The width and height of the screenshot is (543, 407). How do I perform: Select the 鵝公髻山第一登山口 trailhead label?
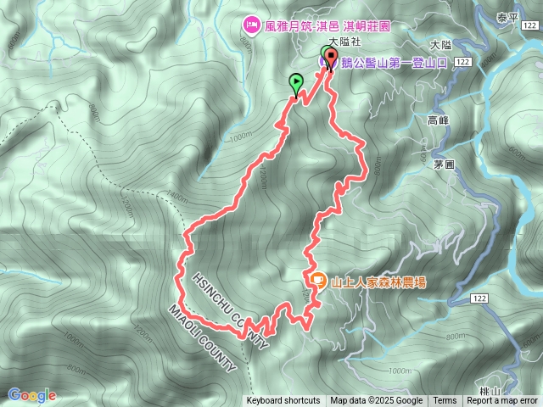tap(392, 62)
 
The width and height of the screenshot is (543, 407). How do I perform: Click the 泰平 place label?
tap(507, 17)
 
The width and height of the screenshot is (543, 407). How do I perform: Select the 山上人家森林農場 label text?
tap(378, 281)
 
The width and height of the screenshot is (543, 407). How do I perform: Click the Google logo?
tap(32, 394)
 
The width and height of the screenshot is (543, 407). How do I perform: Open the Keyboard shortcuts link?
tap(283, 401)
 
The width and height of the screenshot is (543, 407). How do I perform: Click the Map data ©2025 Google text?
tap(377, 401)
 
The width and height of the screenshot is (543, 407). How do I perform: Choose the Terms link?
tap(445, 401)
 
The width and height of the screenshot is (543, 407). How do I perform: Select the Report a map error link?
tap(502, 401)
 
